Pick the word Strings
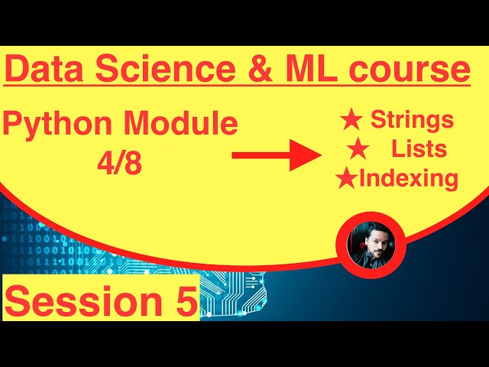coord(412,120)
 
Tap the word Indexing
coord(408,179)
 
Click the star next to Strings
coord(351,119)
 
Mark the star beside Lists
coord(358,148)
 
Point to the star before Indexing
coord(347,179)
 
